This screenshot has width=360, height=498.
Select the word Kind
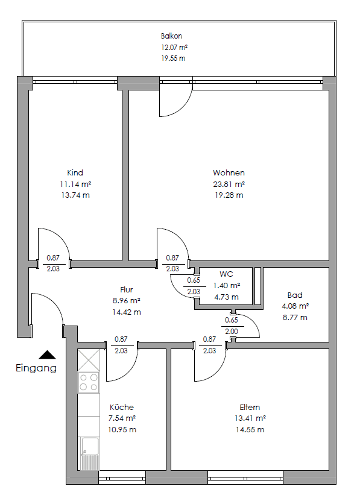tap(75, 172)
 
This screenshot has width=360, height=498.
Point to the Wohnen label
tap(229, 172)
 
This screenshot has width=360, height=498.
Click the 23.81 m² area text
tap(229, 184)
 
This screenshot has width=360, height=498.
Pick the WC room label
tap(227, 274)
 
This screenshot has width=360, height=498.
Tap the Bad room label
tap(295, 295)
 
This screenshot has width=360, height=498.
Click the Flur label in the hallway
tap(126, 289)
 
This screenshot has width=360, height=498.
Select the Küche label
tap(122, 407)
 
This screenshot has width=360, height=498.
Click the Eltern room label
tap(250, 407)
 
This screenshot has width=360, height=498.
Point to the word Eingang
tap(36, 368)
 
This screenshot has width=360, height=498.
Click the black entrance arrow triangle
tap(47, 355)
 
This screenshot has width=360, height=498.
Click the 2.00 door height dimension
tap(232, 331)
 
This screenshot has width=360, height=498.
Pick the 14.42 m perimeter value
tap(126, 312)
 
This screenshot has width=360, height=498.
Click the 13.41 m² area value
tap(250, 418)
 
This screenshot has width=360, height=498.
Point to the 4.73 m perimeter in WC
tap(227, 297)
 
